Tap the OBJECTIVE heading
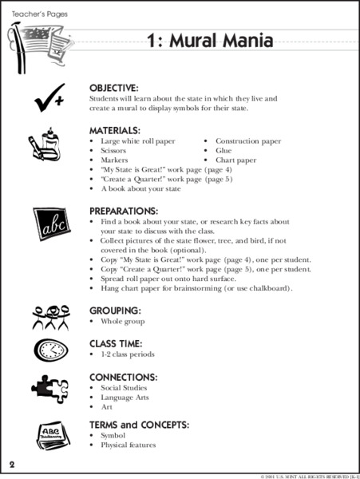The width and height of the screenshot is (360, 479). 114,87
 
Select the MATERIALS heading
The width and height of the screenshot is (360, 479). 115,129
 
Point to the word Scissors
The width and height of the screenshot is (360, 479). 113,150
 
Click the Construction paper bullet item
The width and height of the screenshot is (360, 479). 247,141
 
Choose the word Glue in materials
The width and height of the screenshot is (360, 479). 224,150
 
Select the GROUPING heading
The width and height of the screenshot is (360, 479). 115,310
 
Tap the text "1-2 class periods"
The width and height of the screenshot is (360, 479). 128,354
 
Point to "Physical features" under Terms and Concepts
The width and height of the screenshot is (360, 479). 128,445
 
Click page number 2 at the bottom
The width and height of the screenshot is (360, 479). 11,465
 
